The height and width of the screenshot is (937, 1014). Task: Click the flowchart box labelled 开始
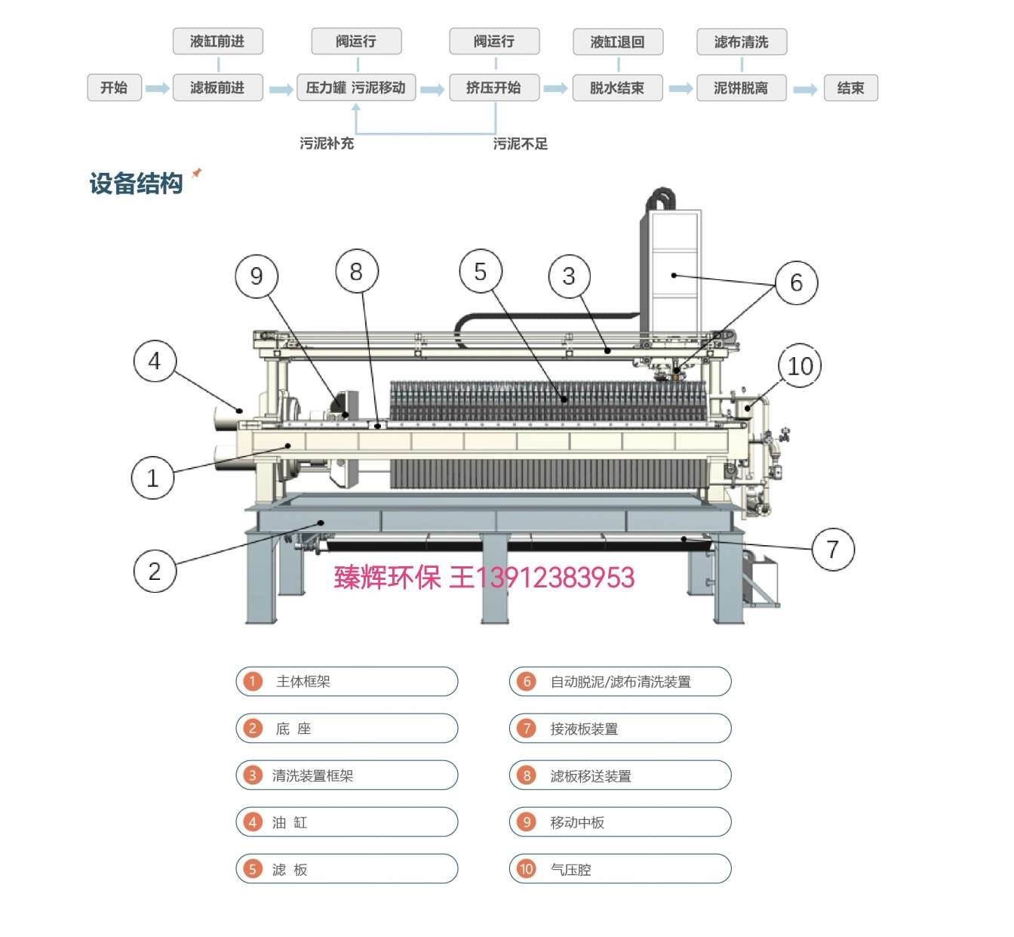(114, 88)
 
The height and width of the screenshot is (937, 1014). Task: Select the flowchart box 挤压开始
(493, 88)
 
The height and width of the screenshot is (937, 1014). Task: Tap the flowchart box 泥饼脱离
(740, 88)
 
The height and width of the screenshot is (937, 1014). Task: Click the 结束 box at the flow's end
(850, 88)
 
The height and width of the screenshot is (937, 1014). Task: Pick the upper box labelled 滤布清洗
(741, 42)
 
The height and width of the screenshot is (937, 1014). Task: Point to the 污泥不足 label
(520, 143)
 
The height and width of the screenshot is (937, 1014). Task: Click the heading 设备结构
(136, 183)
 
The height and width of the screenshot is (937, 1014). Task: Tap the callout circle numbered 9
(257, 276)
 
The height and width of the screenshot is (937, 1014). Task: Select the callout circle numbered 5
(481, 272)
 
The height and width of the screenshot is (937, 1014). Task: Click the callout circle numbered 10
(800, 366)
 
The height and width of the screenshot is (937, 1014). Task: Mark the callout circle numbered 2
(154, 571)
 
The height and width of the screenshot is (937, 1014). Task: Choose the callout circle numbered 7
(833, 549)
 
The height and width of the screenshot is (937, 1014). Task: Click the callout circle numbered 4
(155, 361)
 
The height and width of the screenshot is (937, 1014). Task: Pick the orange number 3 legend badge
(253, 775)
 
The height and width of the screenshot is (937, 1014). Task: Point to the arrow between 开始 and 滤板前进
(157, 88)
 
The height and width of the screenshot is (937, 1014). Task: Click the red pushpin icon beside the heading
(197, 173)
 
